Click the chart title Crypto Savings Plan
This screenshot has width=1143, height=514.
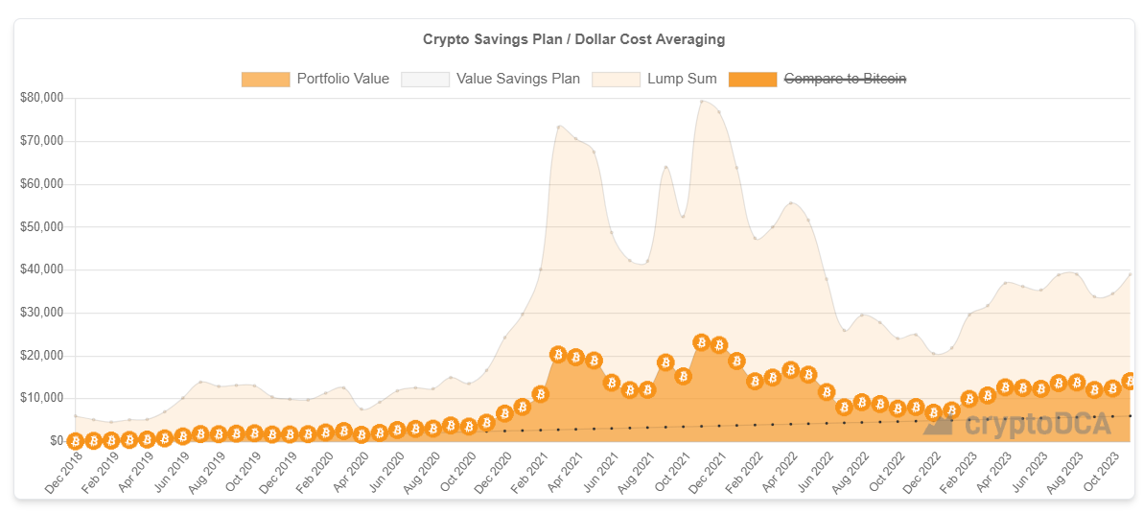tap(573, 39)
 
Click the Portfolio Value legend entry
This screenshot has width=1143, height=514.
tap(342, 79)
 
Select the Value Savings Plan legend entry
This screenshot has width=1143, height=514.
tap(518, 79)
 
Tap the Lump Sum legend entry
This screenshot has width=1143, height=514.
tap(682, 79)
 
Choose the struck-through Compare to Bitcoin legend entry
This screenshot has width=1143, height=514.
tap(845, 79)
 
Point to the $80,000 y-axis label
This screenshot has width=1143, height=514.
tap(41, 98)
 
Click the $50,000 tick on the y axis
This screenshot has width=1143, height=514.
tap(41, 227)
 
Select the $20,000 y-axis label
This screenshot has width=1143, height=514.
tap(41, 356)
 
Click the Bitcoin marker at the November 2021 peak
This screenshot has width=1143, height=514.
tap(701, 342)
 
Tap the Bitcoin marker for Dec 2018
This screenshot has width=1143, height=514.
tap(75, 440)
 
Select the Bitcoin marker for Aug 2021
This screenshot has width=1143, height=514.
tap(647, 389)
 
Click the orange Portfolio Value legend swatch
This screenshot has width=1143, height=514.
tap(266, 79)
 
